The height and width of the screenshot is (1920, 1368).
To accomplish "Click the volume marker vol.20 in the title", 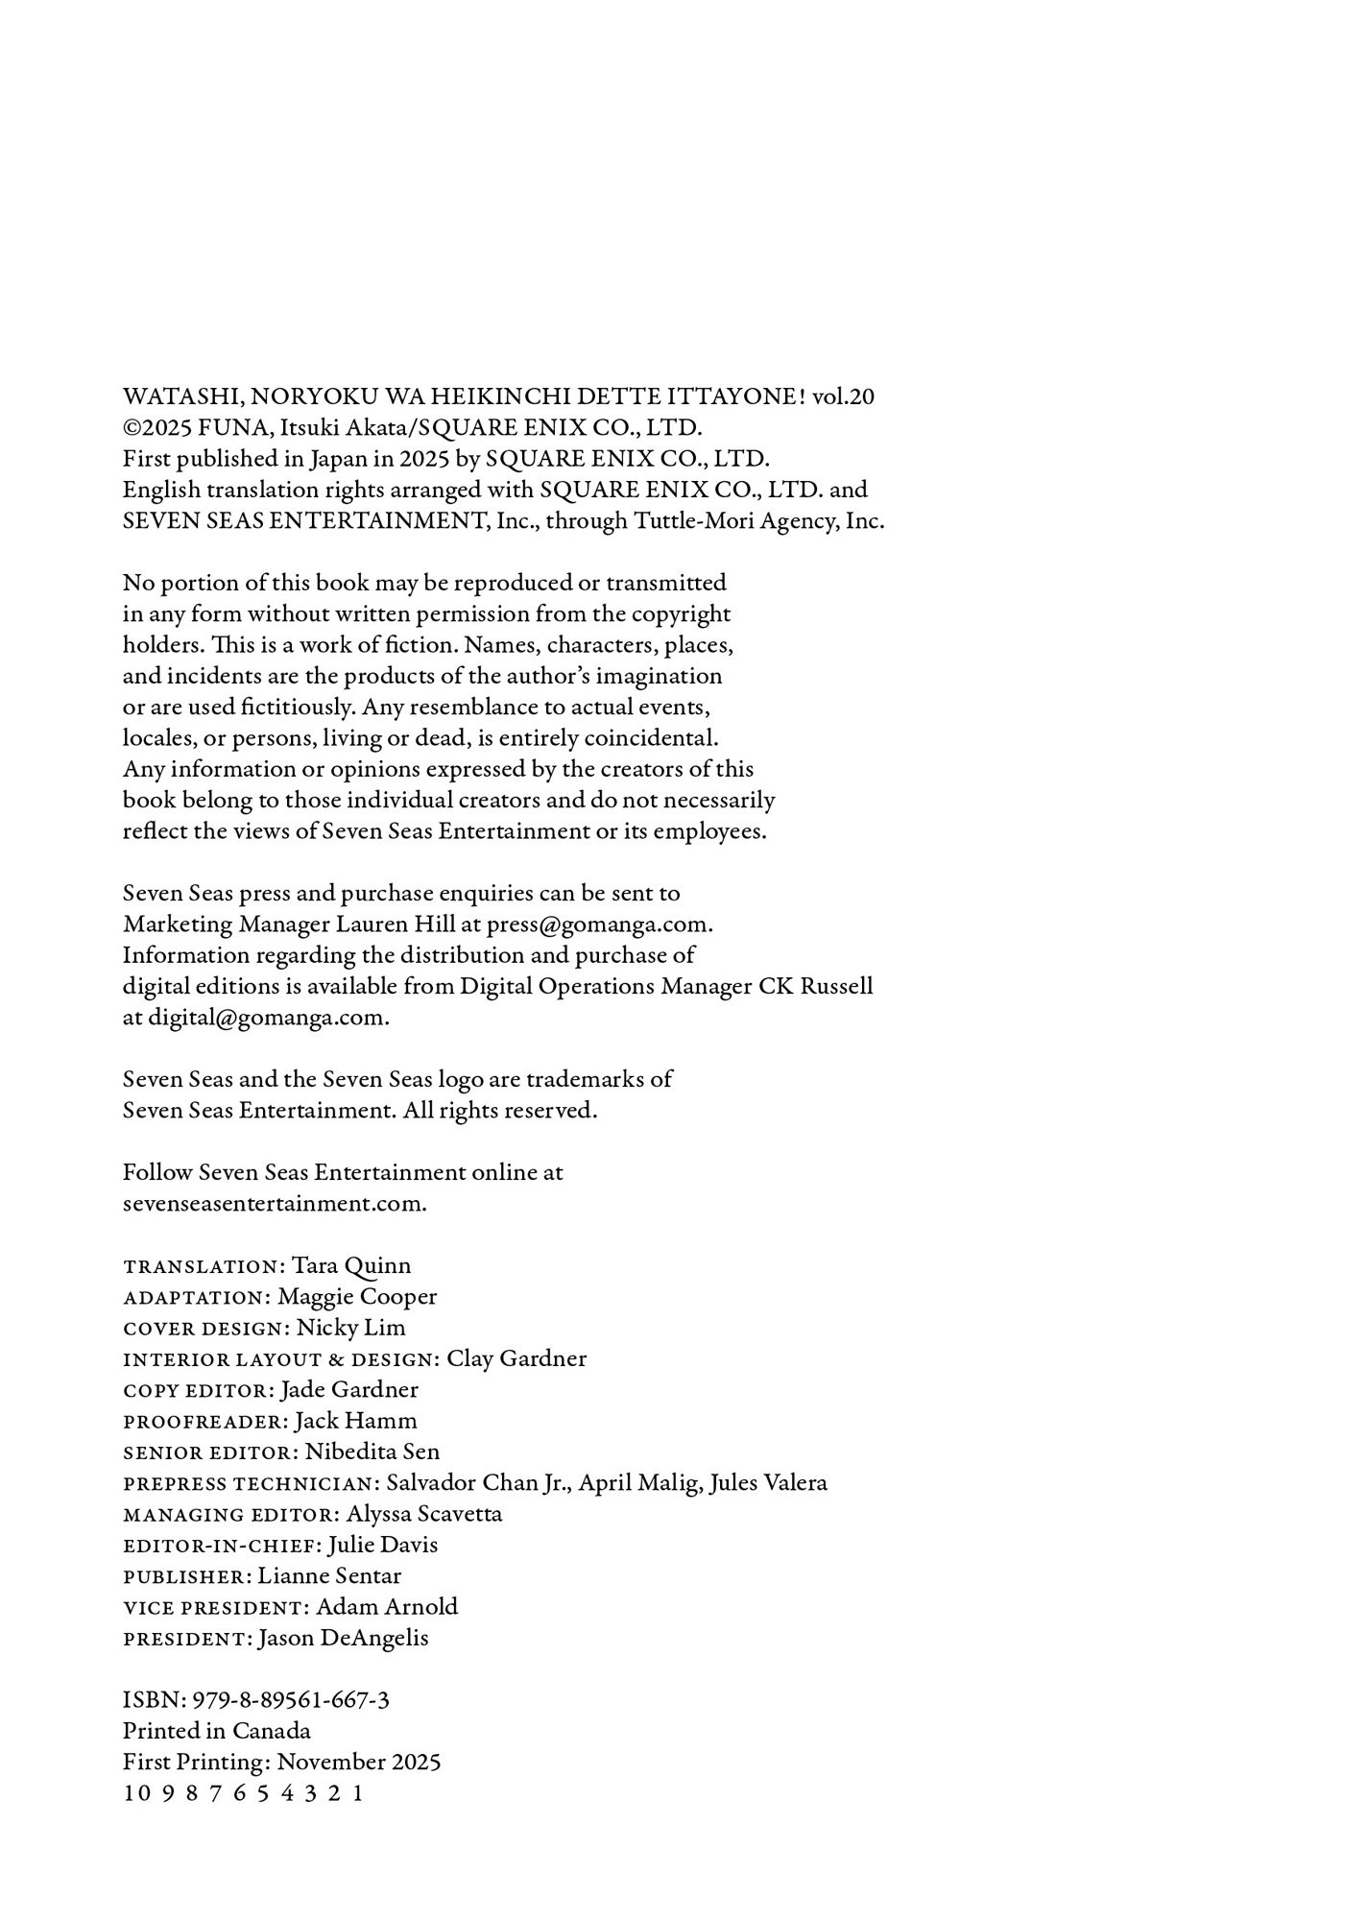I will point(843,396).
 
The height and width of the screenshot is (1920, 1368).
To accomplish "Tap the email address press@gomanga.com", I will point(598,924).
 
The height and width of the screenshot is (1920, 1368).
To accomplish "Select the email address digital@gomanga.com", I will point(268,1018).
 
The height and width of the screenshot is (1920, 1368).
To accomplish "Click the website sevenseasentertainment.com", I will point(275,1204).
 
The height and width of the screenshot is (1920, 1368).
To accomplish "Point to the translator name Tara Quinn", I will point(351,1266).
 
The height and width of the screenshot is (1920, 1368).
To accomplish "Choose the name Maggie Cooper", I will point(357,1297).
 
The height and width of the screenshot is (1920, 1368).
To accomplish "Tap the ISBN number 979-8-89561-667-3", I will point(291,1700).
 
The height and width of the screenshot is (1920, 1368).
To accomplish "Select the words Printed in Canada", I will point(217,1731).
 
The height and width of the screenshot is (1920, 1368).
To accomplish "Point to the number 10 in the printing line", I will point(132,1793).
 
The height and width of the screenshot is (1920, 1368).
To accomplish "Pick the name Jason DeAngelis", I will point(344,1638).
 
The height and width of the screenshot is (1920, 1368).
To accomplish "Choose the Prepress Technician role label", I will point(251,1483).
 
